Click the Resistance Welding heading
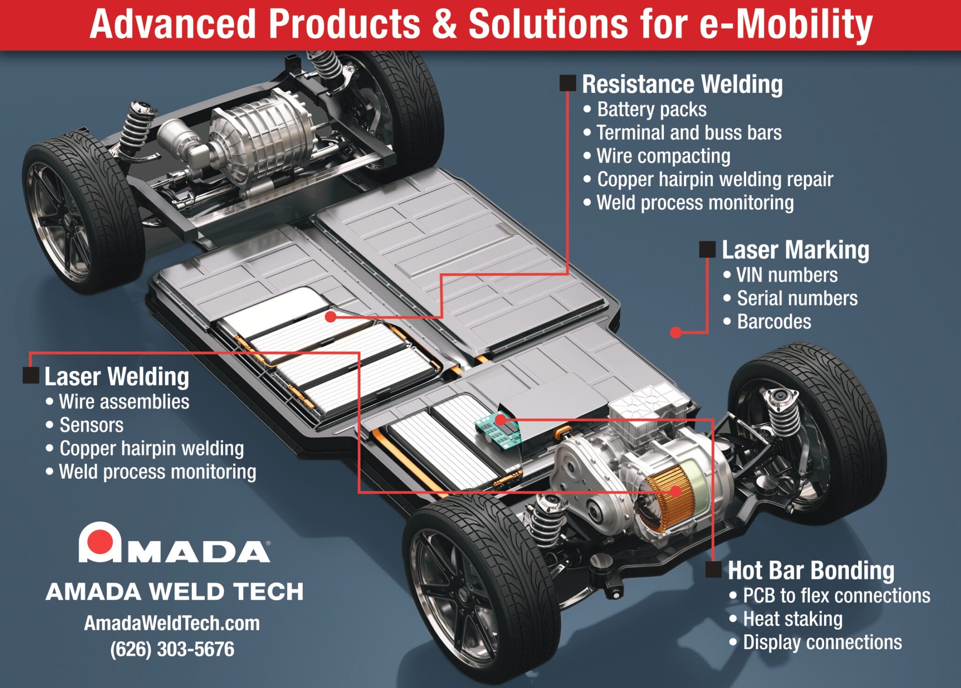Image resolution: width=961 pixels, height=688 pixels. coord(682,84)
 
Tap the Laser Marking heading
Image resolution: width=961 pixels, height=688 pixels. coord(795,250)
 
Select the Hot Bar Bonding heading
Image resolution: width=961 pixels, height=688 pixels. coord(810,571)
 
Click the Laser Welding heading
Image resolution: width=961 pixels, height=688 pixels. coord(116,376)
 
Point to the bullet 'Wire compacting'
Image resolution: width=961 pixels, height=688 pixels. coord(663,156)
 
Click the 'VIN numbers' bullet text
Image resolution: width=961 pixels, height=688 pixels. coord(786,275)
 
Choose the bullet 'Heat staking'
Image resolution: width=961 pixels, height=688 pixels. coord(793,619)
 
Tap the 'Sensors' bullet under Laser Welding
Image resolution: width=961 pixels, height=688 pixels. coord(91,425)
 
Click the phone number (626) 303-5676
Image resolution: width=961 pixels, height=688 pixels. coord(172,649)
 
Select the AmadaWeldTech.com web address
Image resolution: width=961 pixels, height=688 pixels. coord(172,623)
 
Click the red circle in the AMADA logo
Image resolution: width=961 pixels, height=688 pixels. coord(99,541)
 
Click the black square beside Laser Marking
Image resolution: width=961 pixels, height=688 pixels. coord(707,250)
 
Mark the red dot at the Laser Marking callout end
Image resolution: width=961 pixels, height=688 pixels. coord(676,333)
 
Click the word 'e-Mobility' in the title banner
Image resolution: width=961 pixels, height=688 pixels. coord(786,24)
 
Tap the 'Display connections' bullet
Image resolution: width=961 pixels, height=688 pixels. coord(822,642)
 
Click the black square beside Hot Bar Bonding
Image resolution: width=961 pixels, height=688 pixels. coord(713,570)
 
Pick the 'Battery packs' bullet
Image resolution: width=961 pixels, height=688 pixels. coord(651,109)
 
